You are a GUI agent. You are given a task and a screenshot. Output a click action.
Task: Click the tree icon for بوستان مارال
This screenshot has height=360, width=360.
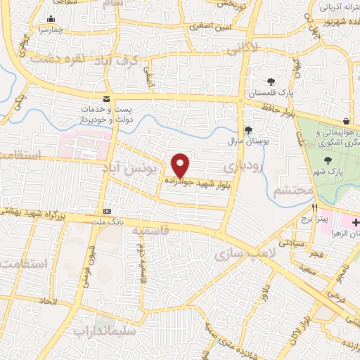(x=247, y=129)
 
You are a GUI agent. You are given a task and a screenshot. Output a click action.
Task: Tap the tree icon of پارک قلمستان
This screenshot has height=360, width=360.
(x=271, y=82)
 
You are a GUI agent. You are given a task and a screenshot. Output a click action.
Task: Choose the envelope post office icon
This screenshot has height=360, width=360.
(x=106, y=99)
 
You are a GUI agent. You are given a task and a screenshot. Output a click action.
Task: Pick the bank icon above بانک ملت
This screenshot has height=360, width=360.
(x=107, y=211)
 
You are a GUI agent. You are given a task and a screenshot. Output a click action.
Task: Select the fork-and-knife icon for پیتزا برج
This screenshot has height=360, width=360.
(x=315, y=208)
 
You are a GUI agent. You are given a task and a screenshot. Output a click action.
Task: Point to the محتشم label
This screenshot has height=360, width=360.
(x=288, y=191)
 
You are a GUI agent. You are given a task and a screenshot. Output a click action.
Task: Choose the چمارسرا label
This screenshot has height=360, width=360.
(x=51, y=30)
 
